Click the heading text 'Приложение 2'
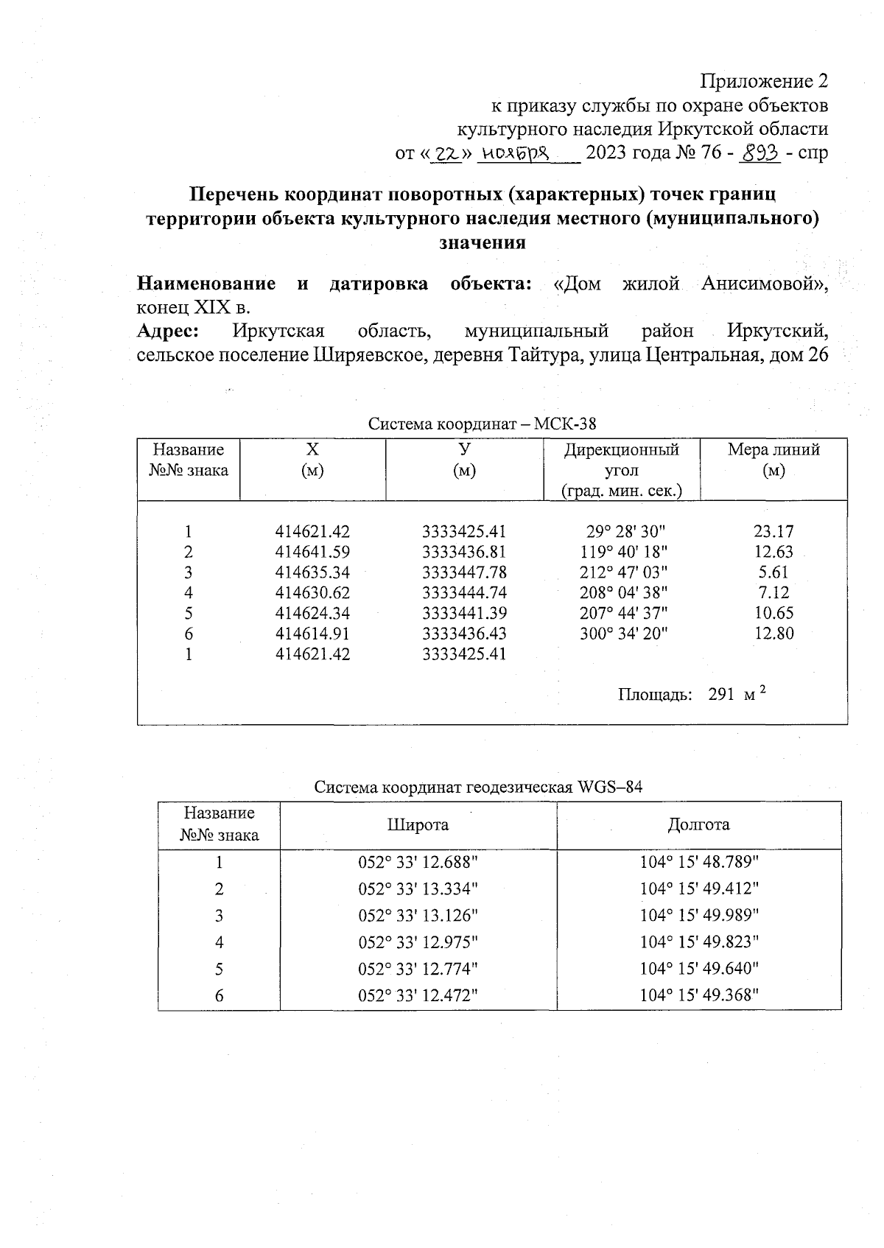764,80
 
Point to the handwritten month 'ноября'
515,153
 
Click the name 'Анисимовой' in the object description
764,284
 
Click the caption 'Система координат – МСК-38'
482,424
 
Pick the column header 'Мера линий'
773,450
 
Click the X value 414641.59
312,552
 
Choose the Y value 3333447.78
464,572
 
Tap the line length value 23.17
773,531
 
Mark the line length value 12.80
773,633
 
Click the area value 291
721,695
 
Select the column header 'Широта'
418,825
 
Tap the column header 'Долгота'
698,825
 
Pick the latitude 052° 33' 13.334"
418,889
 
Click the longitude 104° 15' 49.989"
698,916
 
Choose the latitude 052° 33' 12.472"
418,996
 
